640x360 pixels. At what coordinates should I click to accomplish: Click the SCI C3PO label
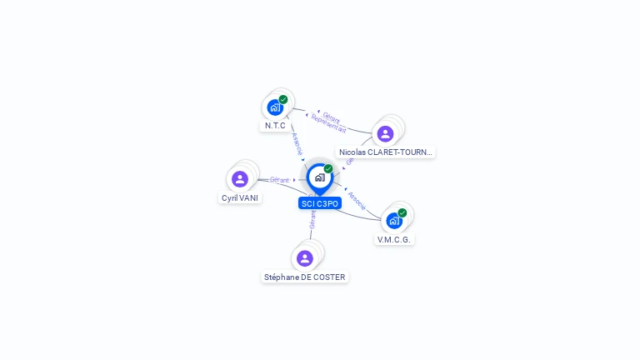point(320,203)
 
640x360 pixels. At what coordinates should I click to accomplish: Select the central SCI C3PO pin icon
point(319,177)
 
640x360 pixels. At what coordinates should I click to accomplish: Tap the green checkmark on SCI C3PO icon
point(328,168)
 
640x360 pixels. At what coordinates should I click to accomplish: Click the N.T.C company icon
point(274,107)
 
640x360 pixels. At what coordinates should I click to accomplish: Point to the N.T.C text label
point(275,126)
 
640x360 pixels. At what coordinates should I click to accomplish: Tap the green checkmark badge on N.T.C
point(283,99)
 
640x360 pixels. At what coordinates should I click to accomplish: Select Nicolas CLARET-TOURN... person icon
point(385,133)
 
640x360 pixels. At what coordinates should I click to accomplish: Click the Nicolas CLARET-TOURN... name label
point(386,152)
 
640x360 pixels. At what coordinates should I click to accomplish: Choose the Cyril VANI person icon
point(240,179)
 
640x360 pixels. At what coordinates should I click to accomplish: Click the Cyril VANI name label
point(240,198)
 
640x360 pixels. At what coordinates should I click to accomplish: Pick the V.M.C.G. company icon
point(394,221)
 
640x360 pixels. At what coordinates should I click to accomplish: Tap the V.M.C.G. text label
point(394,239)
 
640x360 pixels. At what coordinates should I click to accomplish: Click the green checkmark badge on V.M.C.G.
point(402,212)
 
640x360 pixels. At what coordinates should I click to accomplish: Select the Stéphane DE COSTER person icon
point(304,258)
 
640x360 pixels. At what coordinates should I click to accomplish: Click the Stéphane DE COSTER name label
point(304,277)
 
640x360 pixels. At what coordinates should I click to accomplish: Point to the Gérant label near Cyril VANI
point(279,180)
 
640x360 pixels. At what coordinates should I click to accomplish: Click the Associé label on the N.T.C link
point(297,142)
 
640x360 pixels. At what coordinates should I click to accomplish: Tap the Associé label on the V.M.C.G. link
point(356,200)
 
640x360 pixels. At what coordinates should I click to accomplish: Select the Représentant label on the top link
point(328,123)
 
